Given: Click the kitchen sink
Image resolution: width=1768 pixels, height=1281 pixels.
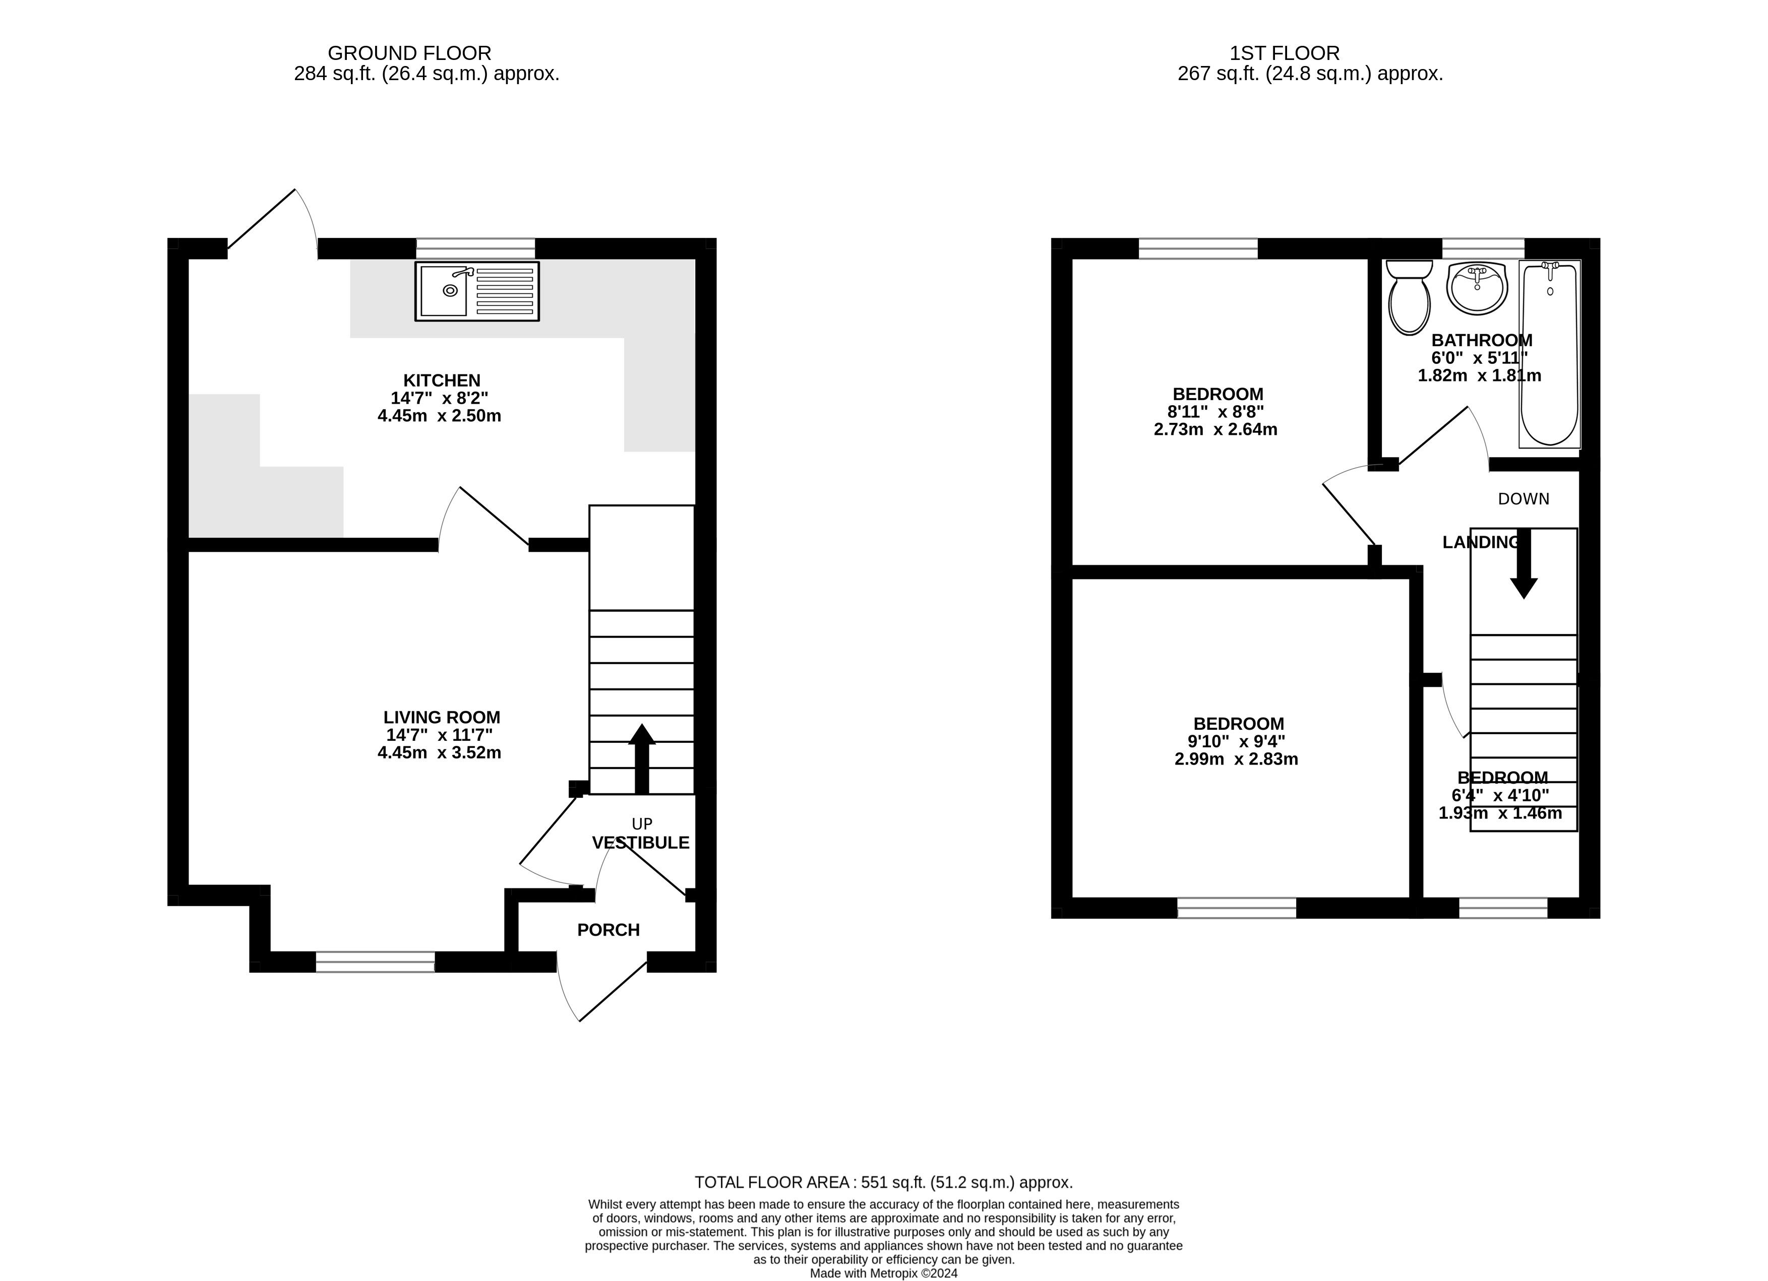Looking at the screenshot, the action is [477, 291].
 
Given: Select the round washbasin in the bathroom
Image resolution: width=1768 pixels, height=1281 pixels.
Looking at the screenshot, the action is [1477, 288].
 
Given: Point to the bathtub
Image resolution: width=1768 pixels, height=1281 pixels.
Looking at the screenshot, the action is [1550, 355].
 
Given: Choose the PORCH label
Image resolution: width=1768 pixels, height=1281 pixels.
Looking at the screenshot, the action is [608, 930].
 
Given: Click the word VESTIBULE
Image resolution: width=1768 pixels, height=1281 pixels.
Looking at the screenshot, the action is [641, 842].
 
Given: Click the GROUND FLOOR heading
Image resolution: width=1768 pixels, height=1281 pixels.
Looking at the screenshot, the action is [409, 53].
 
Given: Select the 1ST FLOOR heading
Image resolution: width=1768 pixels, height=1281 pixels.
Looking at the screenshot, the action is [1285, 53].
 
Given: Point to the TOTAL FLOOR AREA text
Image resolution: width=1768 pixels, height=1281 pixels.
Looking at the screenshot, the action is [884, 1182].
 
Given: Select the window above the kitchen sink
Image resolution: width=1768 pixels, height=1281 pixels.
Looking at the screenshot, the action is [475, 248].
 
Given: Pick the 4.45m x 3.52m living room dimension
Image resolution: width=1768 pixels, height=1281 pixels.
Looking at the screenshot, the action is [439, 753].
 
